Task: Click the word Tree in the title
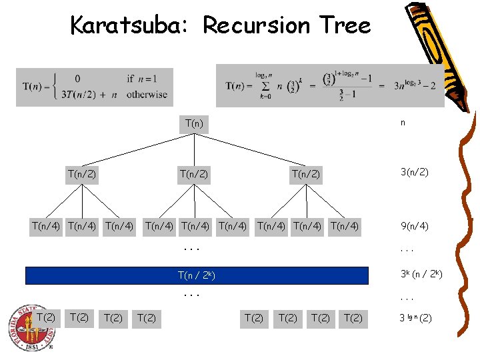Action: [x=345, y=25]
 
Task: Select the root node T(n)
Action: [x=194, y=123]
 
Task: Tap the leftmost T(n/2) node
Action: [x=81, y=174]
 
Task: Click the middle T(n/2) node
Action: [x=194, y=174]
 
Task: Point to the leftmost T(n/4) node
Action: [x=46, y=226]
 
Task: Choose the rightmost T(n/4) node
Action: [x=344, y=226]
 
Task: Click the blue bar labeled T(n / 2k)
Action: [x=197, y=275]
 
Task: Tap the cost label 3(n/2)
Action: [x=414, y=173]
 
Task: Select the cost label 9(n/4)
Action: [x=414, y=226]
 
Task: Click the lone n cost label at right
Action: [x=403, y=123]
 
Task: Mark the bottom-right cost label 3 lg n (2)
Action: [x=415, y=318]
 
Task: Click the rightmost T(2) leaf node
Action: [x=353, y=318]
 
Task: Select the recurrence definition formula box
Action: [x=95, y=87]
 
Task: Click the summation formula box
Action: [x=330, y=85]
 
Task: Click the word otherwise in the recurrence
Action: [x=147, y=95]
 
